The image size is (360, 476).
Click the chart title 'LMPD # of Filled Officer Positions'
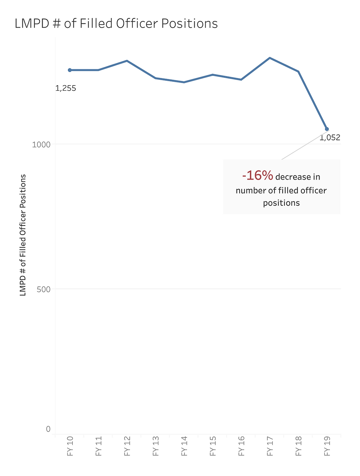click(116, 24)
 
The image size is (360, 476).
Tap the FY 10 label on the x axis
click(70, 446)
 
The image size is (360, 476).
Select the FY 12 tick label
click(127, 446)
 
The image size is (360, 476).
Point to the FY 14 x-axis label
click(184, 446)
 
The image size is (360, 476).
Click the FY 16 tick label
click(241, 446)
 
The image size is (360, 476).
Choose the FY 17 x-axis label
click(270, 446)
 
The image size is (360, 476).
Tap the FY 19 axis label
click(327, 446)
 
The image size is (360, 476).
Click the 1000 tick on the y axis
click(41, 144)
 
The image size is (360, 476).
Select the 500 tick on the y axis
click(43, 289)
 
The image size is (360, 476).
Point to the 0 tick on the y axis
click(48, 429)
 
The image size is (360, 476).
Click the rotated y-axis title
click(23, 235)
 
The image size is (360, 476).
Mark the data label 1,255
click(66, 88)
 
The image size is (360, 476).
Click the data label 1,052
click(330, 138)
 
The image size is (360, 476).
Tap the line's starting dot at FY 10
click(70, 70)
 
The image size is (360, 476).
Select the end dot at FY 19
click(327, 129)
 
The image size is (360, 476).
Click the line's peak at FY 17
click(270, 58)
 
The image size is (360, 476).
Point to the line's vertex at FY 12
click(127, 61)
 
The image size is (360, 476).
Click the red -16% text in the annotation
click(258, 176)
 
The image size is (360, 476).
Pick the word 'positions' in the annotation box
click(281, 203)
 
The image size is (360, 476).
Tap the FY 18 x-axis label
click(299, 446)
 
